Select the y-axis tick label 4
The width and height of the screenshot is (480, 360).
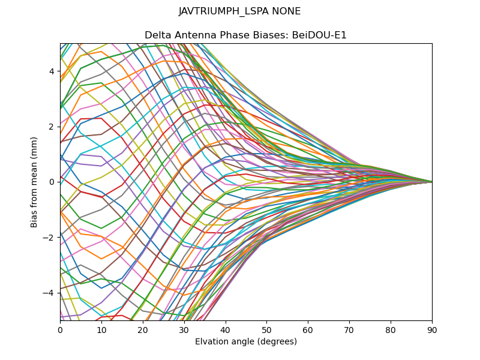(x=52, y=71)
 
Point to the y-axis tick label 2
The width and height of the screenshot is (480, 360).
(x=52, y=127)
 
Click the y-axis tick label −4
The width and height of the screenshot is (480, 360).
(x=49, y=293)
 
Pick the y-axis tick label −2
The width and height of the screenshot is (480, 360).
(x=49, y=237)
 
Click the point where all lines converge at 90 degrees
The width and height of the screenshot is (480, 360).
(x=431, y=182)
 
